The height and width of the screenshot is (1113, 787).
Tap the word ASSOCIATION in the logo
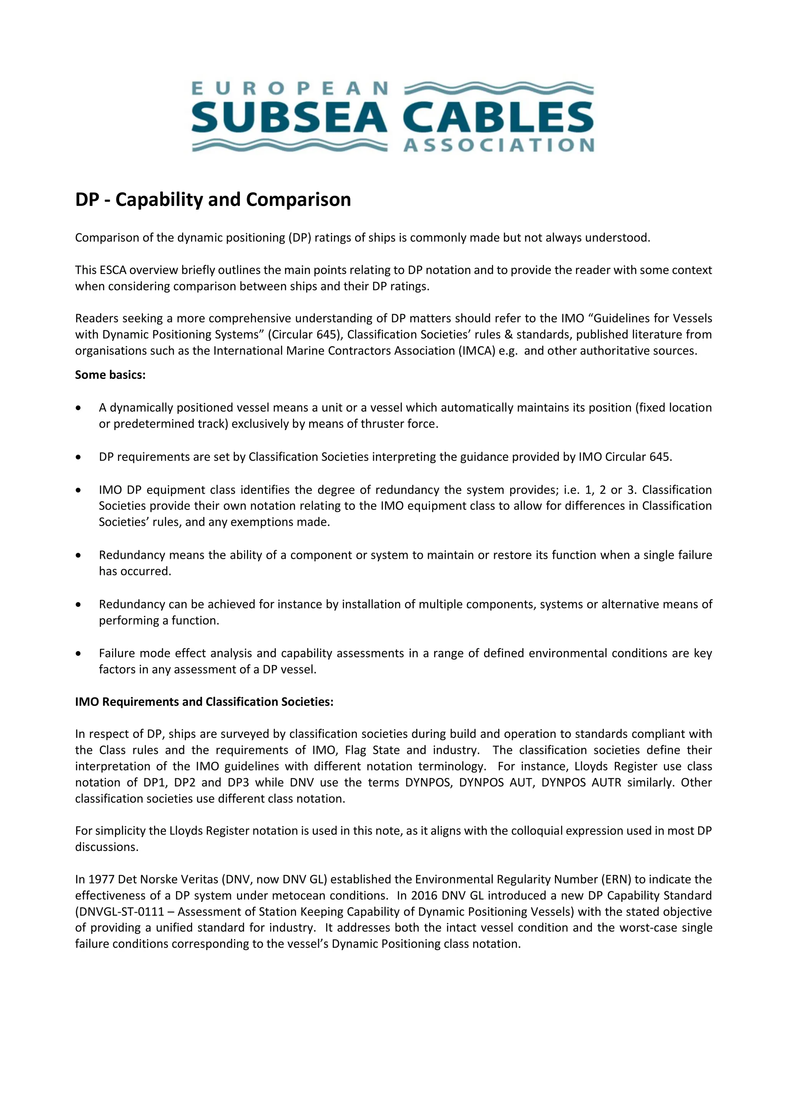[499, 145]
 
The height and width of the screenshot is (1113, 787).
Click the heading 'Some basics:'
[110, 375]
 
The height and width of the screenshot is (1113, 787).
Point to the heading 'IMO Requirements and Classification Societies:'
[204, 701]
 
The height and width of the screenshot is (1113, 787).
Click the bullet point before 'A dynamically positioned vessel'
[78, 408]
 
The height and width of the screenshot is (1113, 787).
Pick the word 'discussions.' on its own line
[106, 847]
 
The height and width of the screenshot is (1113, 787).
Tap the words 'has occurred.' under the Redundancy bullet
[135, 571]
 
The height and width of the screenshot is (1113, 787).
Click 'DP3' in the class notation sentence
[238, 782]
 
